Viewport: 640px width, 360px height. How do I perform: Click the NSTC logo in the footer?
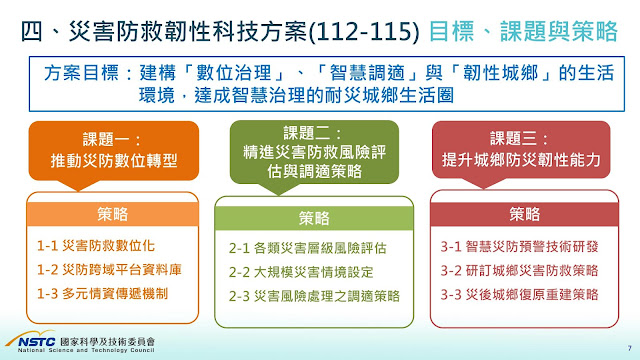click(31, 340)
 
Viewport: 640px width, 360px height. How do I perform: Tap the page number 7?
click(629, 348)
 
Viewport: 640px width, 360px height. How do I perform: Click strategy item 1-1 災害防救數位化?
click(96, 246)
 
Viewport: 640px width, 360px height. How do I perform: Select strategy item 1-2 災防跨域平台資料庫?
click(109, 269)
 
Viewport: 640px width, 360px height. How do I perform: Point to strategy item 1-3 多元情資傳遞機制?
click(102, 293)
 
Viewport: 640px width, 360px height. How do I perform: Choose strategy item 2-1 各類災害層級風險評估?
click(307, 248)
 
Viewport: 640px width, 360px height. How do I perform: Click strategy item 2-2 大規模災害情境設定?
click(301, 272)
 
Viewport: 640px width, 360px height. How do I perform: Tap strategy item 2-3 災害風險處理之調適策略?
click(314, 296)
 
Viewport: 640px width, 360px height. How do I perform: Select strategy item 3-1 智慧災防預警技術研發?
click(519, 247)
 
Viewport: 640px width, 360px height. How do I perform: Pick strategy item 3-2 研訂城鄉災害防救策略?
click(519, 270)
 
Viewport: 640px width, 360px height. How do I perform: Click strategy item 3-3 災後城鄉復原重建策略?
click(519, 294)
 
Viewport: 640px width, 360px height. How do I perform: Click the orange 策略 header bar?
click(113, 214)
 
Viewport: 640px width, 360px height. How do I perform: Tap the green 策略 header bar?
click(314, 218)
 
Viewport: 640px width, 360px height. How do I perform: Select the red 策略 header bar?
click(524, 214)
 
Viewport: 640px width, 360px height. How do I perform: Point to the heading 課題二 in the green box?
click(312, 133)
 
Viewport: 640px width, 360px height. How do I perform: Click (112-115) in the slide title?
click(364, 31)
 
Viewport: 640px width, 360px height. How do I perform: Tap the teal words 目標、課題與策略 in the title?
click(523, 31)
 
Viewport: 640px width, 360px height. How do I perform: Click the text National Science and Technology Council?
click(86, 350)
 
